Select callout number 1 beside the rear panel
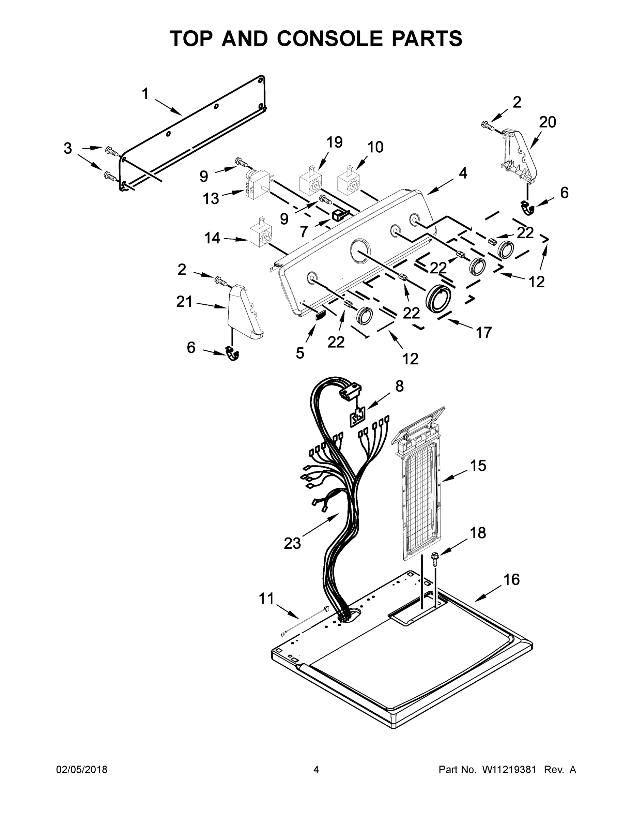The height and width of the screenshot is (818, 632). coord(145,94)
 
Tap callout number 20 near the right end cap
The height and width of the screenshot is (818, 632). coord(548,122)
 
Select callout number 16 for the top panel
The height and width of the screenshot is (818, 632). coord(511,579)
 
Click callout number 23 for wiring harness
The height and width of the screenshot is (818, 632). coord(292,543)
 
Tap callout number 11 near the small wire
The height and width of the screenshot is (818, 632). coord(266,598)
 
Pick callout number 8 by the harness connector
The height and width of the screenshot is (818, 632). coord(400,386)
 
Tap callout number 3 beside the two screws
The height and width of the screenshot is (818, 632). coord(67,148)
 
